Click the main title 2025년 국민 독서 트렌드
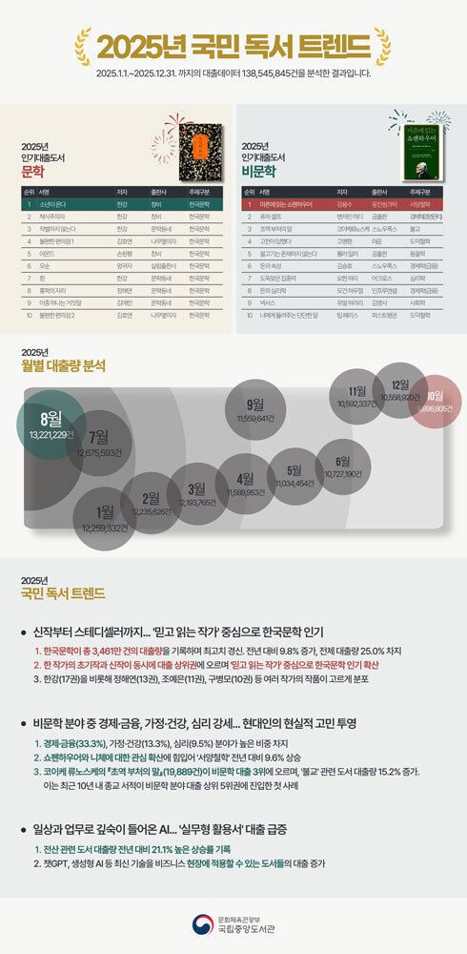234,46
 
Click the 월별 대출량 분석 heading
64,365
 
